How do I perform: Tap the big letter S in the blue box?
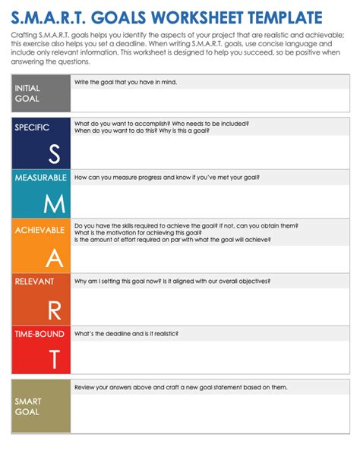tap(53, 154)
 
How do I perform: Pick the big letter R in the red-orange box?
tap(53, 310)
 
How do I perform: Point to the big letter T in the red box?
tap(53, 358)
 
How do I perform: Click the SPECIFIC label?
tap(32, 127)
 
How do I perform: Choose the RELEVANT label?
tap(34, 280)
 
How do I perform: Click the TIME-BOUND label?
tap(38, 333)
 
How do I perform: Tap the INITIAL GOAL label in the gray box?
tap(28, 93)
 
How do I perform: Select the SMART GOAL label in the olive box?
tap(29, 407)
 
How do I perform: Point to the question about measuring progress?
tap(167, 177)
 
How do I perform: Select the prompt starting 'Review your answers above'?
tap(181, 387)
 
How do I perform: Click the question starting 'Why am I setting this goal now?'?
tap(172, 280)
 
